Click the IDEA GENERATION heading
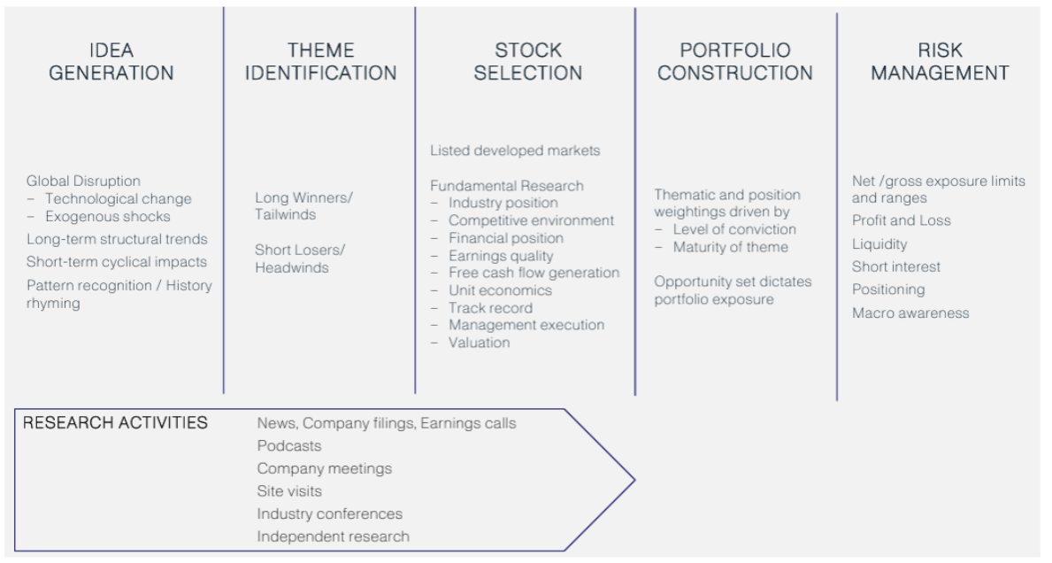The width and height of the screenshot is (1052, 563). [111, 61]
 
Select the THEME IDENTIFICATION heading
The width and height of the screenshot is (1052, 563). [320, 61]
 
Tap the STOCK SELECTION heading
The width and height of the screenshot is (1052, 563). [528, 61]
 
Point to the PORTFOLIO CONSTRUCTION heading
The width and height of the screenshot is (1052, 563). [735, 61]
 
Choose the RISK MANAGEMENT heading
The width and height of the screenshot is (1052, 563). [940, 61]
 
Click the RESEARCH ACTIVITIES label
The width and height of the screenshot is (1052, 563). [115, 423]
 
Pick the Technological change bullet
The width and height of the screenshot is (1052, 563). [118, 198]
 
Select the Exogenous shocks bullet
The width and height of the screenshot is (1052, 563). [107, 217]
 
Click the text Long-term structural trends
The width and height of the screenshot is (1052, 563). [118, 240]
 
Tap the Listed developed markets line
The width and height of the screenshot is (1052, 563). [515, 150]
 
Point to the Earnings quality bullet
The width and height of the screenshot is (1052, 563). [501, 256]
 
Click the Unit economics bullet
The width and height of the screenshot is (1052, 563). [500, 290]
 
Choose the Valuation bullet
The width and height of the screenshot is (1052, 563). [479, 343]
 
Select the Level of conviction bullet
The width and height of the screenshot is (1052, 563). [734, 229]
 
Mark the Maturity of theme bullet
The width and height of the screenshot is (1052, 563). [731, 247]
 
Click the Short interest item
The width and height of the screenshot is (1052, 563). [896, 267]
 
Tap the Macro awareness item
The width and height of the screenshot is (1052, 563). [910, 312]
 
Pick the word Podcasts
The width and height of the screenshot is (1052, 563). [289, 445]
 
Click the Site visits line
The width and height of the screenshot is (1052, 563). [289, 491]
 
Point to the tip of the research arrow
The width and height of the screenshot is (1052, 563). [634, 480]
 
